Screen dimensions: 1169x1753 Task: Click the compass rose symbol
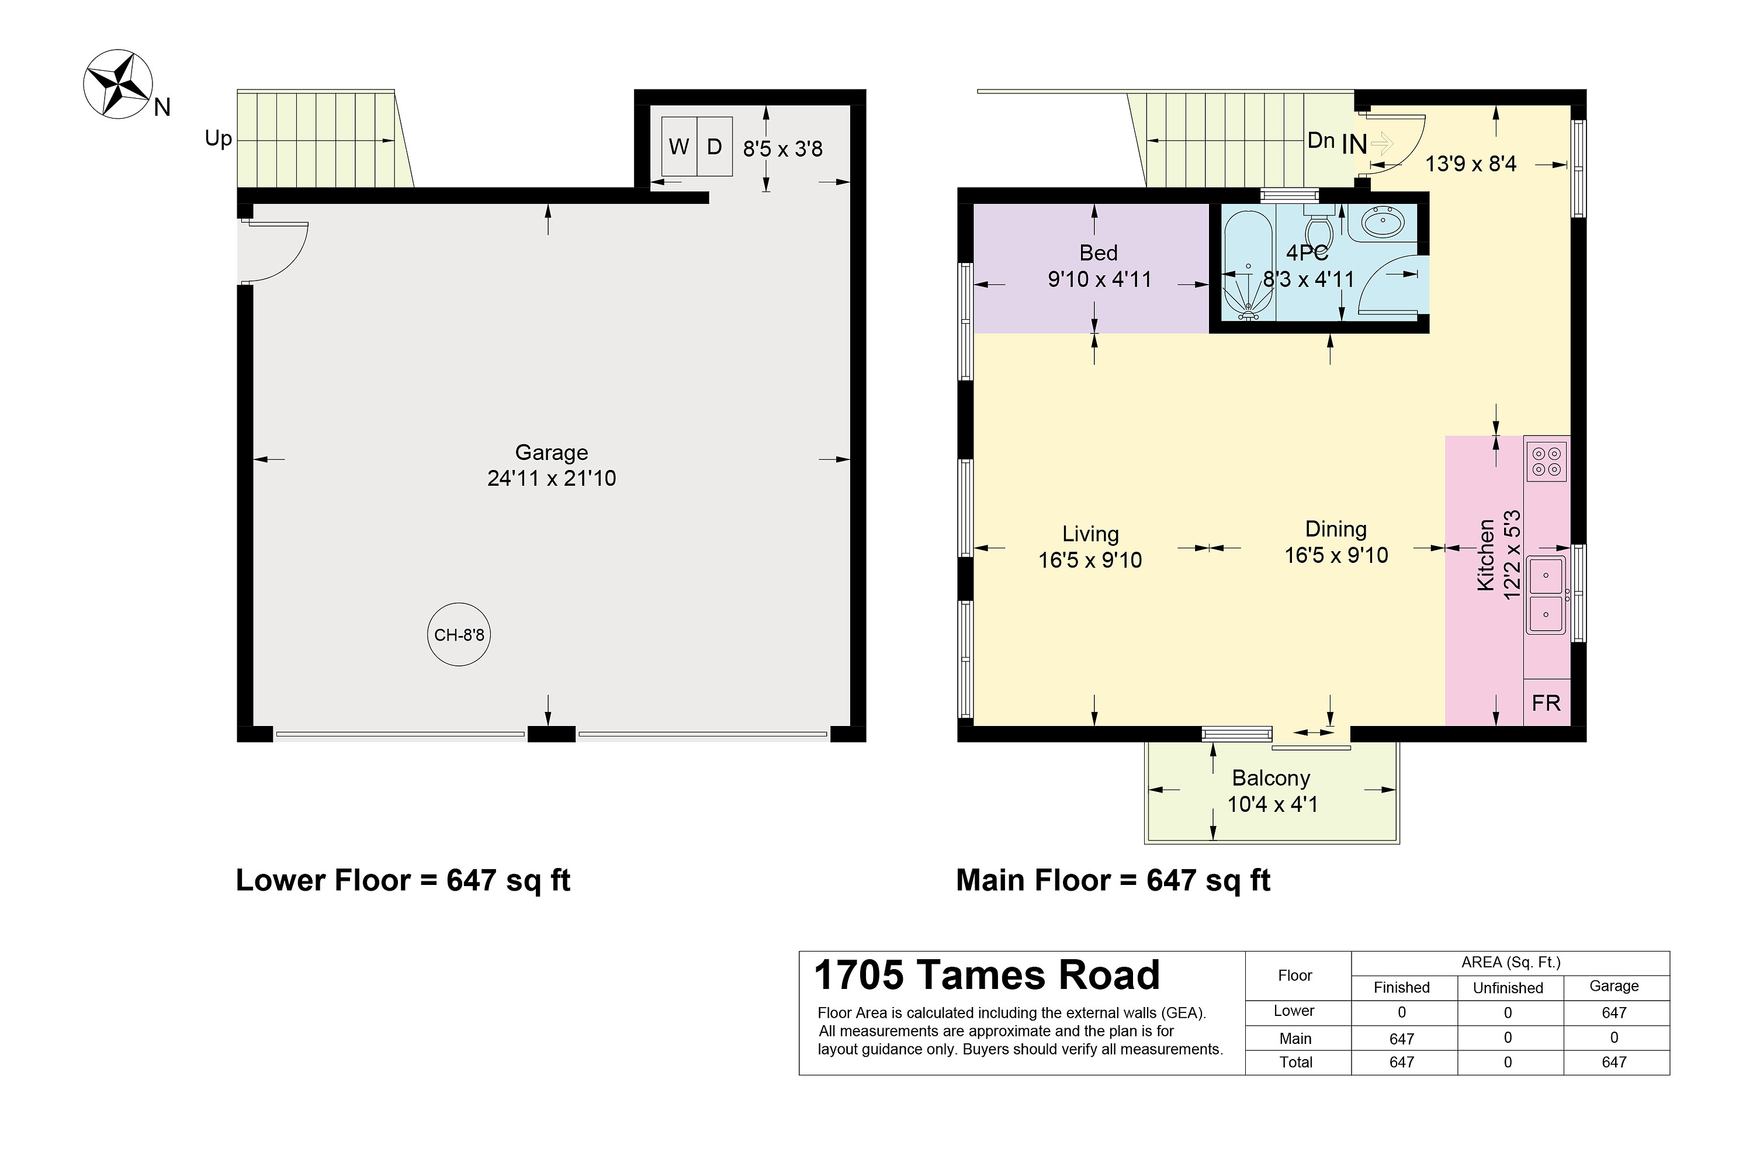pyautogui.click(x=118, y=84)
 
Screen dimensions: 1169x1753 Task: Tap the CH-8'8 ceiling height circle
pyautogui.click(x=459, y=634)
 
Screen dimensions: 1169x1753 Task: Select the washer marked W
pyautogui.click(x=678, y=147)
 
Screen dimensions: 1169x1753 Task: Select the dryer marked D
pyautogui.click(x=714, y=147)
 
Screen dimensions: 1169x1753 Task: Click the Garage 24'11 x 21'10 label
pyautogui.click(x=552, y=465)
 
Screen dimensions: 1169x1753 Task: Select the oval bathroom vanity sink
pyautogui.click(x=1383, y=222)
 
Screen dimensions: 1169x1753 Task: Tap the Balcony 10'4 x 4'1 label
pyautogui.click(x=1272, y=791)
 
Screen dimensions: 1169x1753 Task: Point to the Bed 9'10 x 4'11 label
pyautogui.click(x=1099, y=266)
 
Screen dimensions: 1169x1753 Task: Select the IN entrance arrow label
pyautogui.click(x=1355, y=144)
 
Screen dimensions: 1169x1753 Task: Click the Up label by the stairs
pyautogui.click(x=219, y=139)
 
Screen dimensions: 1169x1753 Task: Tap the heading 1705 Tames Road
pyautogui.click(x=987, y=975)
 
